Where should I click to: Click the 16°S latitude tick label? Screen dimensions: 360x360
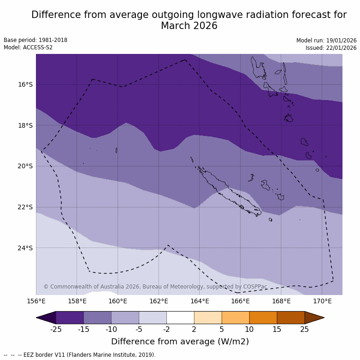click(x=25, y=84)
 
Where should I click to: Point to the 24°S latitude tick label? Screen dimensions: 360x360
click(x=25, y=248)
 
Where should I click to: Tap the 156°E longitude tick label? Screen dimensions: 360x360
click(x=36, y=301)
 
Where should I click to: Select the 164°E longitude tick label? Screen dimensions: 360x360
click(x=200, y=301)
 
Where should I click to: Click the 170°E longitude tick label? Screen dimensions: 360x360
click(x=322, y=301)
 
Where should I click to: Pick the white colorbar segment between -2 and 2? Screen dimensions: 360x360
click(x=180, y=318)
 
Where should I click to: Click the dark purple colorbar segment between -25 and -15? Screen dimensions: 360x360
click(x=70, y=318)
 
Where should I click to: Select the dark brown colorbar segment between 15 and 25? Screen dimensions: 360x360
click(x=291, y=318)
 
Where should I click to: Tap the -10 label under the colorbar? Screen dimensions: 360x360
click(x=111, y=329)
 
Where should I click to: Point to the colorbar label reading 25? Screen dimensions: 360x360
click(x=305, y=329)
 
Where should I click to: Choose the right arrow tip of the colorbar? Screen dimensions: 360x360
click(x=322, y=318)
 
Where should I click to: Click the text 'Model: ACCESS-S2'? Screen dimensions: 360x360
click(x=28, y=47)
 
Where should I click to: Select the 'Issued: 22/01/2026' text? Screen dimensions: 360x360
click(x=331, y=48)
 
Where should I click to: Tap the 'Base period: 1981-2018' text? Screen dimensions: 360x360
click(x=35, y=40)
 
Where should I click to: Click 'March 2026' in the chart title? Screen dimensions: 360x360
click(x=189, y=26)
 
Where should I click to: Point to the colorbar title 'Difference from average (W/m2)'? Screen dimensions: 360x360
click(x=180, y=342)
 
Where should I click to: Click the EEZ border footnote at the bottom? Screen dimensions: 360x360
click(x=80, y=355)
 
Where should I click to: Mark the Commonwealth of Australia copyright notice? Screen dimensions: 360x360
click(x=155, y=287)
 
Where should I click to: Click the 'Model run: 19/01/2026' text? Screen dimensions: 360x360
click(x=326, y=41)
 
